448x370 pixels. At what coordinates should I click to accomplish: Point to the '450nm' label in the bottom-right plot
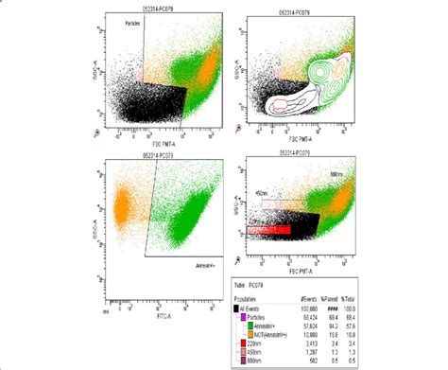coord(265,195)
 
